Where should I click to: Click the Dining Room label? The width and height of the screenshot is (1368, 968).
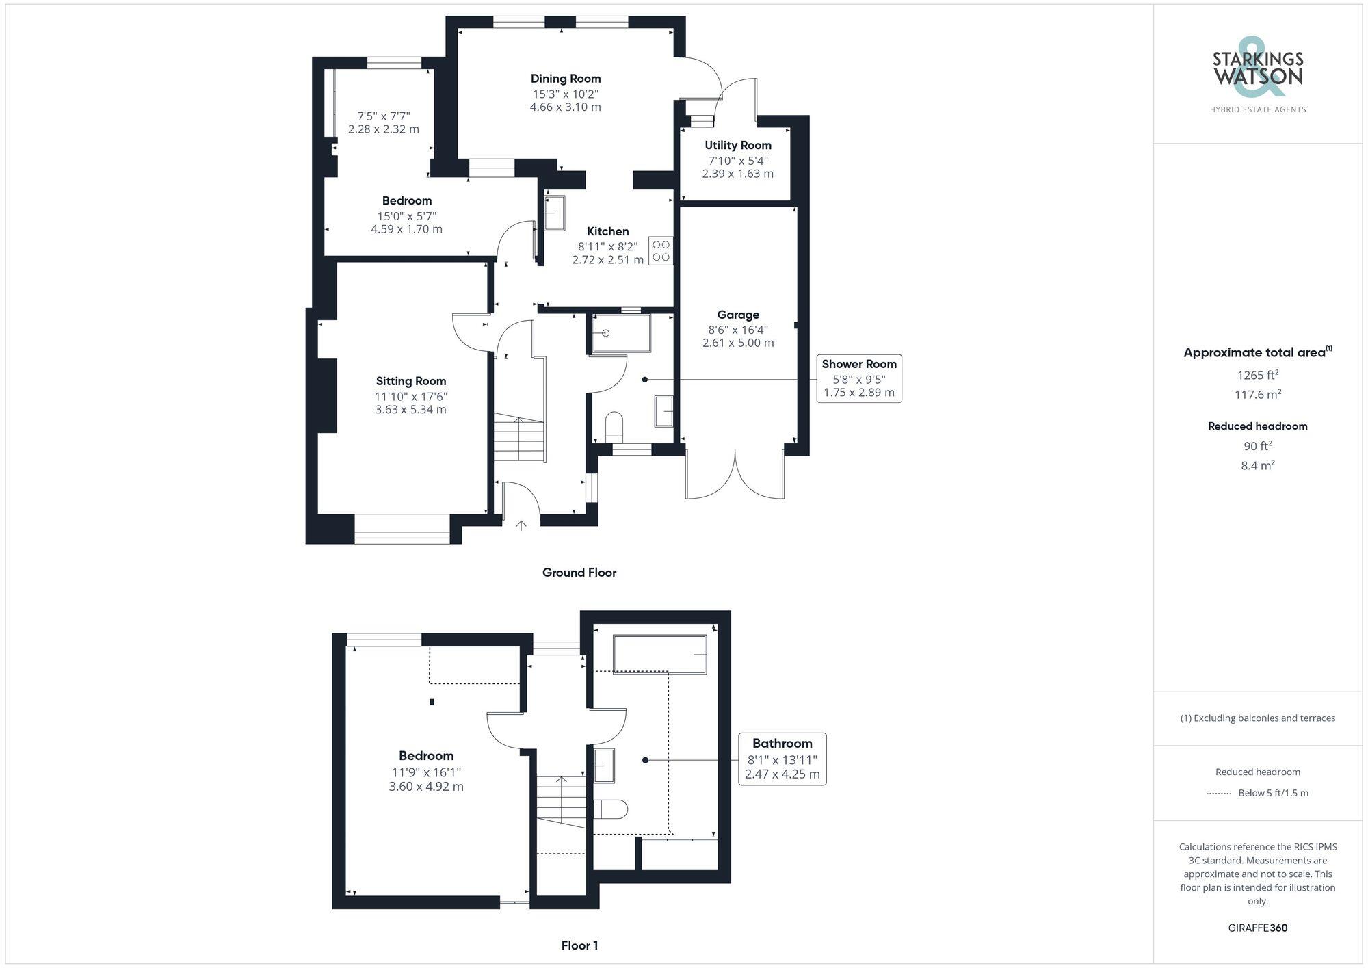point(566,79)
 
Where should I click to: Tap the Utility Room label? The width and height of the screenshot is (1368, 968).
point(738,145)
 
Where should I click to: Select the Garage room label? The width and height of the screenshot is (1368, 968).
point(738,315)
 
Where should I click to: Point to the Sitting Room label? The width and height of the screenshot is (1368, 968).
point(410,381)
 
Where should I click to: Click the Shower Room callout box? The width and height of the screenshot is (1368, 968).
point(859,378)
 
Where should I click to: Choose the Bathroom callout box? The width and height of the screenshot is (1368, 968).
point(782,759)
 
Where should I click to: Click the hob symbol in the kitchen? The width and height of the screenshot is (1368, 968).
point(661,251)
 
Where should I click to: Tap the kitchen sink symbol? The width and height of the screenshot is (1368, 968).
point(554,213)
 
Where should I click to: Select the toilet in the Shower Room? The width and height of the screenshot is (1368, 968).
point(614,426)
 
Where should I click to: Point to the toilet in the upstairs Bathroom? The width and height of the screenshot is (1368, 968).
point(611,809)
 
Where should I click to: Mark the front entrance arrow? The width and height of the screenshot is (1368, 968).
point(521,525)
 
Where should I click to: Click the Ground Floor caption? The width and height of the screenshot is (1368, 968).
point(579,573)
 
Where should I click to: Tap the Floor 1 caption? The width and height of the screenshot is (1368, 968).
point(579,945)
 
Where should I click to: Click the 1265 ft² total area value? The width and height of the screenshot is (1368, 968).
point(1257,375)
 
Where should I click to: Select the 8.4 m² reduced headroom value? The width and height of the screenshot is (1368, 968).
point(1257,465)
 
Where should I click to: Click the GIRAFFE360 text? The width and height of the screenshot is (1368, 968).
point(1257,928)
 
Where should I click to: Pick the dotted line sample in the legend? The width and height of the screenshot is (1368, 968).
point(1219,794)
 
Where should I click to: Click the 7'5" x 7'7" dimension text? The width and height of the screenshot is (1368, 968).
point(384,116)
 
